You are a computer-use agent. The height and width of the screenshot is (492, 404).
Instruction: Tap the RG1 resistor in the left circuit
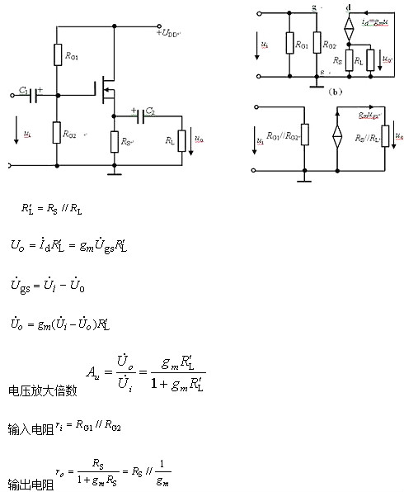pos(57,55)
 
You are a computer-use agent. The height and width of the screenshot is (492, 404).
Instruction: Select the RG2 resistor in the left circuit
pos(57,132)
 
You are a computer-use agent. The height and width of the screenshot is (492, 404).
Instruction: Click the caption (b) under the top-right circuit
pos(335,92)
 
